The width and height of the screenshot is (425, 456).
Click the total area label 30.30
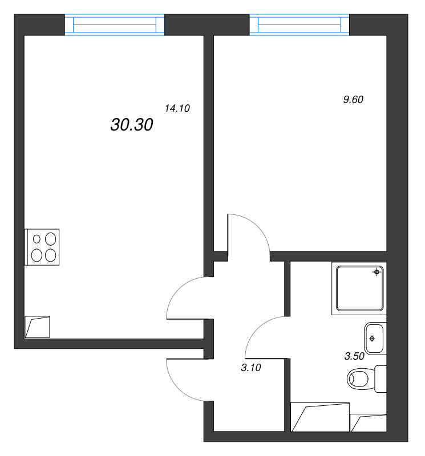131,125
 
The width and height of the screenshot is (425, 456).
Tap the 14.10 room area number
177,108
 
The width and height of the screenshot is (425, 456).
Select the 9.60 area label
353,99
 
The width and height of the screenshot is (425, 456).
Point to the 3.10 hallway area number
251,368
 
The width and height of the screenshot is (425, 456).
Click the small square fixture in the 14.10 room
38,327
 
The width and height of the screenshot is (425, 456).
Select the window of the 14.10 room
114,25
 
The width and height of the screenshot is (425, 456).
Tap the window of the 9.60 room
299,25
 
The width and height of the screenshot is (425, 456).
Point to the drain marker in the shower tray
377,272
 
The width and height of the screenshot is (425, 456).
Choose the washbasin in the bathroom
374,339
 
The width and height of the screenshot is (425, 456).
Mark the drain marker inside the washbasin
372,339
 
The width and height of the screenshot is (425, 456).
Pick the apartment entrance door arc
185,382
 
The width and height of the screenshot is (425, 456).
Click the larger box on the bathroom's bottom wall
319,417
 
